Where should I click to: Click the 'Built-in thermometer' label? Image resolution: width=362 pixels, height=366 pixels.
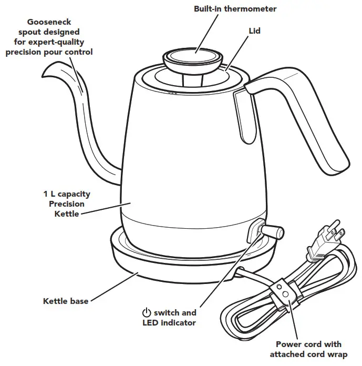235,9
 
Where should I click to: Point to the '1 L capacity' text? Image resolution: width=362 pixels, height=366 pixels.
67,194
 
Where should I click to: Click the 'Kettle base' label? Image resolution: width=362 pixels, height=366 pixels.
66,301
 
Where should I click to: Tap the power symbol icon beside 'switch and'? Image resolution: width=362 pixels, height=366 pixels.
147,312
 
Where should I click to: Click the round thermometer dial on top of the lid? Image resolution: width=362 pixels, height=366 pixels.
194,56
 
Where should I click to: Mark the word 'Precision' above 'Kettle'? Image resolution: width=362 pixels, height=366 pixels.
67,204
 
